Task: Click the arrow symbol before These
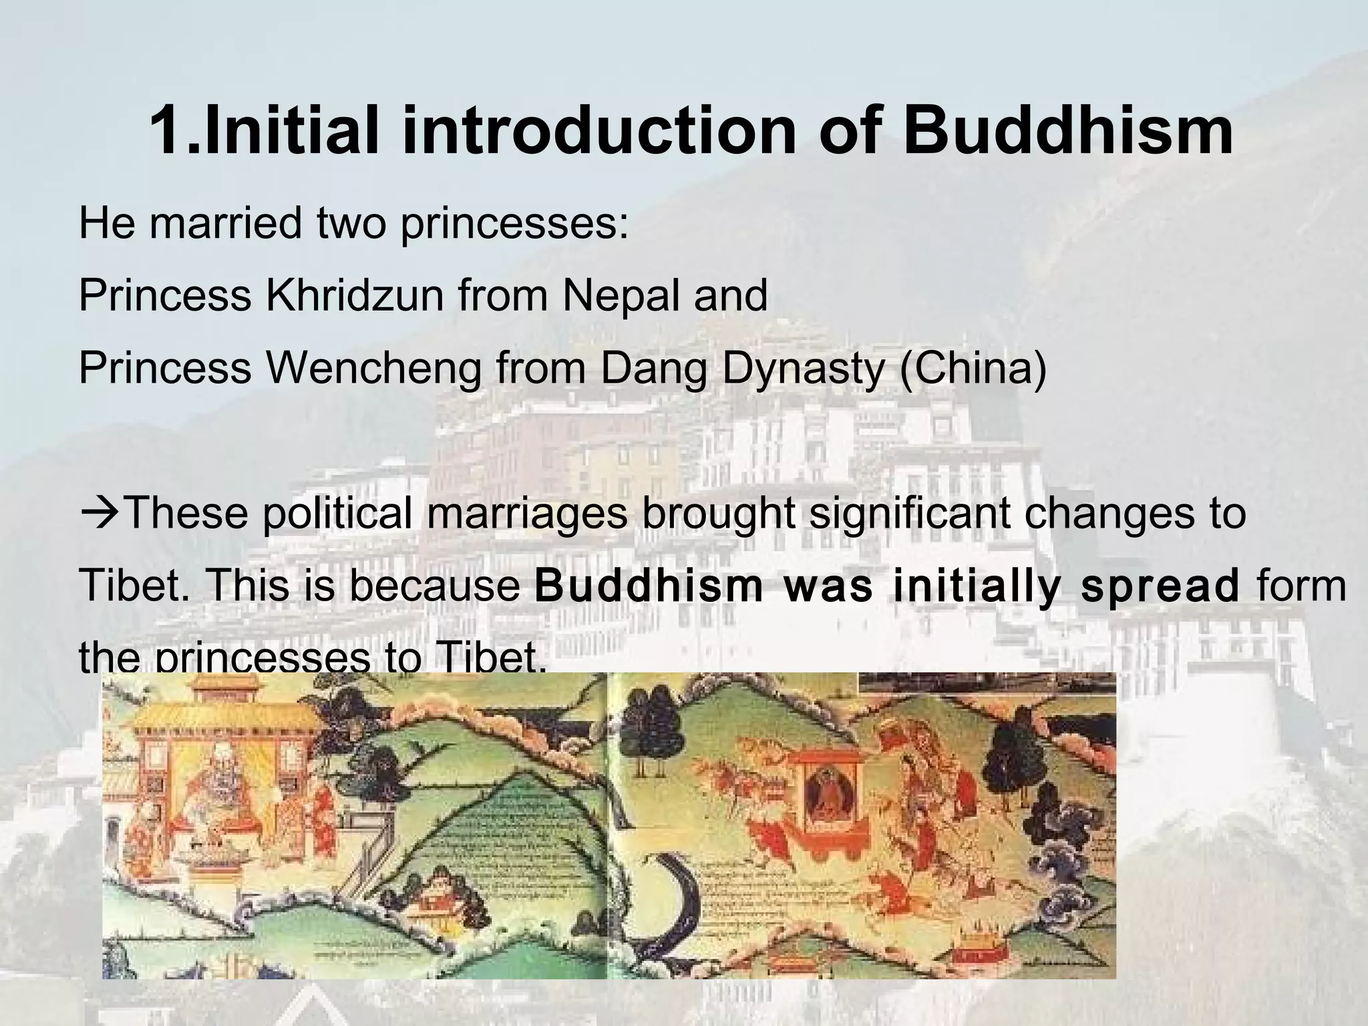[100, 514]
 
